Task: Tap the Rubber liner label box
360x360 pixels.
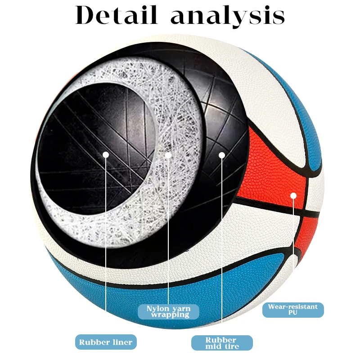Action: [106, 342]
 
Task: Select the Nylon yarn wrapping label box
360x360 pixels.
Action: [168, 311]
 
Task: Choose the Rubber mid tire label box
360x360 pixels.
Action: [222, 343]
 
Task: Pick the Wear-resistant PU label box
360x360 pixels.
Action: [293, 310]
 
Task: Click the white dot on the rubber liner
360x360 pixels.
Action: [106, 154]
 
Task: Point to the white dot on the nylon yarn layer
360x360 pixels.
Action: [168, 155]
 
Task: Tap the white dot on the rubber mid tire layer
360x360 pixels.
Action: [221, 155]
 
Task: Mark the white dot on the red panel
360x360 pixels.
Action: [293, 196]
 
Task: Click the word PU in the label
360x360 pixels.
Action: [293, 313]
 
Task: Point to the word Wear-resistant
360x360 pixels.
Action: [293, 306]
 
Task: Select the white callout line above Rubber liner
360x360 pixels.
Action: [106, 247]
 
